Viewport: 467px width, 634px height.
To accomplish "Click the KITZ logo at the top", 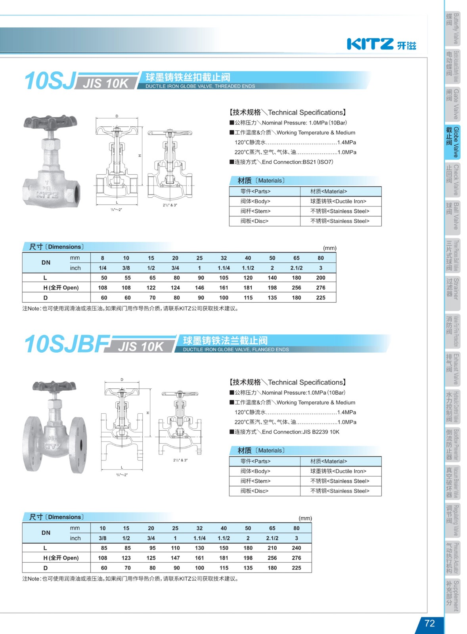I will (381, 44).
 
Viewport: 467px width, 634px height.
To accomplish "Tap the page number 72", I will (429, 623).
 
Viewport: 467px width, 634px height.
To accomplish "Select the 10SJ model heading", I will (50, 81).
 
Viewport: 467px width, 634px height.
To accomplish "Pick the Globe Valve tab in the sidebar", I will (453, 142).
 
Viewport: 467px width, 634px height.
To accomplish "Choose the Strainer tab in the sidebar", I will (453, 293).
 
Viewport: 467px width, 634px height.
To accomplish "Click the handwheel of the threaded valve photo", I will (50, 122).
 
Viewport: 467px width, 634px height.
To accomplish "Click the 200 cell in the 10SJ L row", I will (320, 278).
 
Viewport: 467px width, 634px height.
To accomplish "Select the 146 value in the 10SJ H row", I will (199, 288).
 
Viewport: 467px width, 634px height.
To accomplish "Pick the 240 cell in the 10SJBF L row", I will (296, 548).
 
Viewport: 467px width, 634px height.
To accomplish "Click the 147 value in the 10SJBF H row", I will (175, 558).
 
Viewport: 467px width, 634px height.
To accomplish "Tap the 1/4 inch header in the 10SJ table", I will (103, 268).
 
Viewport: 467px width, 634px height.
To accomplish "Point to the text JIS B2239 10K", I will (321, 432).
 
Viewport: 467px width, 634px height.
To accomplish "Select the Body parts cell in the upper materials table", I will (255, 201).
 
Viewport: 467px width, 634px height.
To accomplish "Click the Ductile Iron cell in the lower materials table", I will (338, 471).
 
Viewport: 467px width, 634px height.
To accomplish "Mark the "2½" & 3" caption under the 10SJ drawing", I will (170, 205).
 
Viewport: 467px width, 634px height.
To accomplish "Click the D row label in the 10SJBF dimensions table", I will (46, 568).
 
